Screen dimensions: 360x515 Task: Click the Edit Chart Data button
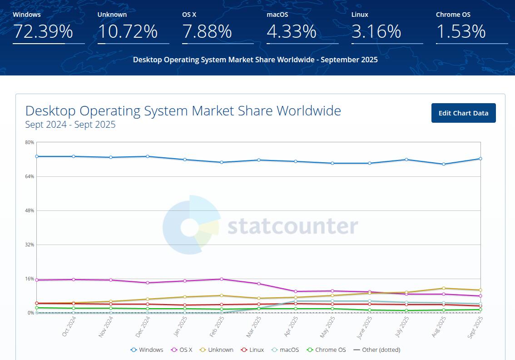(463, 113)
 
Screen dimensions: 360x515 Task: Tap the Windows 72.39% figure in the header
(43, 31)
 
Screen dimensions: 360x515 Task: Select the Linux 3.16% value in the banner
(376, 31)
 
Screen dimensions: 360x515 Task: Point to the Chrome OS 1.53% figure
(461, 31)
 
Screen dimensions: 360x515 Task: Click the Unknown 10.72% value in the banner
(128, 31)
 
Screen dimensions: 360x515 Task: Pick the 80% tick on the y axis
(30, 142)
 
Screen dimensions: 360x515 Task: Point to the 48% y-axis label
(30, 210)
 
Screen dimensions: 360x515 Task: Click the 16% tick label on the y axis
(30, 279)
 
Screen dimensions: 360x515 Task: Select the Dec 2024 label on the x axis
(143, 327)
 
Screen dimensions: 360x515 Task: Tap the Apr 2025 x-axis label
(292, 327)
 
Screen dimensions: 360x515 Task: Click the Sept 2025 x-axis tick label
(475, 327)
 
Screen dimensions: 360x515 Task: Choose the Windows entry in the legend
(147, 350)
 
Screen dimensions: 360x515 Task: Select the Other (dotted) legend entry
(376, 350)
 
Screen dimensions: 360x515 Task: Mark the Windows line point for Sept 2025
(480, 159)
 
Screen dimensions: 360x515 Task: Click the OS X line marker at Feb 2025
(221, 279)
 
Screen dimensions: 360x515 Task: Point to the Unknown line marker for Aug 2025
(443, 288)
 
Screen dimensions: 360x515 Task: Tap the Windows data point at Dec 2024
(148, 156)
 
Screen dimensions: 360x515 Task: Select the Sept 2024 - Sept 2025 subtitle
(70, 125)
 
